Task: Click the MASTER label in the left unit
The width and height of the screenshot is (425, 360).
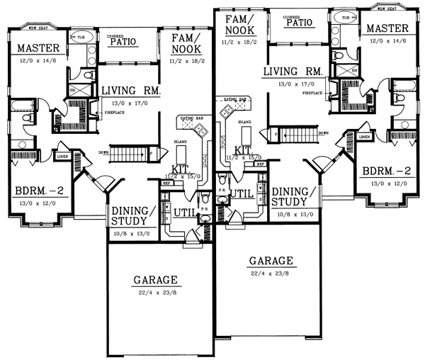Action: click(x=38, y=48)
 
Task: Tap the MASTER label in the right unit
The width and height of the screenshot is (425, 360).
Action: click(x=387, y=28)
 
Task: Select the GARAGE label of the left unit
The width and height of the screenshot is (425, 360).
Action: click(x=154, y=281)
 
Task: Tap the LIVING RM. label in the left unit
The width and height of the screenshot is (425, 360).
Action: click(x=131, y=91)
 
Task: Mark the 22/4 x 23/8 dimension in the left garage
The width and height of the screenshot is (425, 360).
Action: click(x=154, y=291)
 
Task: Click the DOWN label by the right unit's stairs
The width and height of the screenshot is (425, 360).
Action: click(x=323, y=133)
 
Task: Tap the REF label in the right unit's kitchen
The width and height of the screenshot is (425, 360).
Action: click(x=260, y=164)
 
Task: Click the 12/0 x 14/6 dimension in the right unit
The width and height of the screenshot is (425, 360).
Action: click(x=387, y=40)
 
